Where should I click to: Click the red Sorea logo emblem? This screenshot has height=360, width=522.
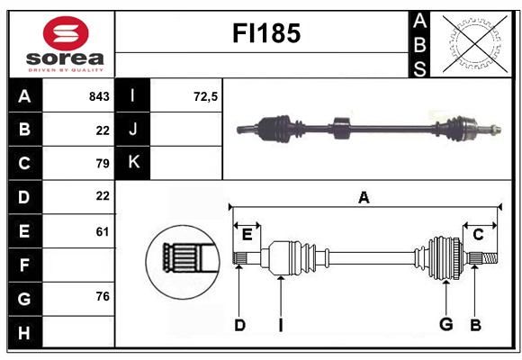pos(66,33)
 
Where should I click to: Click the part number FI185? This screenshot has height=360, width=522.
pos(266,33)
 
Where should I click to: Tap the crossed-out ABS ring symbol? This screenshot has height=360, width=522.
pos(475,43)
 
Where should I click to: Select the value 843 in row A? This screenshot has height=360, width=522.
pos(99,96)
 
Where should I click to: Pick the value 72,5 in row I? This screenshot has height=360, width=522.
pos(206,96)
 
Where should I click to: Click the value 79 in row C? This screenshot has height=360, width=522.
pos(103,164)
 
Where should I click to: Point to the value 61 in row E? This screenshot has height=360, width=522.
pos(103,231)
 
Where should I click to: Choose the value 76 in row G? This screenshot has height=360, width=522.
pos(103,296)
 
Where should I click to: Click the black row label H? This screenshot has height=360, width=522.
pos(25,332)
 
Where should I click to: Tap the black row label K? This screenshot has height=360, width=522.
pos(132,163)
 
